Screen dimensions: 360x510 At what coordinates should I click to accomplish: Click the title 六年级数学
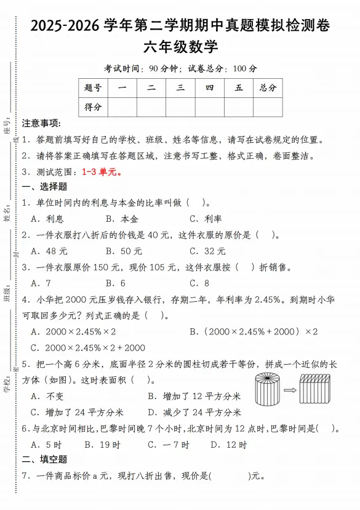(180, 47)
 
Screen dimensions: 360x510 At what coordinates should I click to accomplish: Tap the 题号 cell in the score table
(93, 87)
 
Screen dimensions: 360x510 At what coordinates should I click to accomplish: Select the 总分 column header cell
(268, 87)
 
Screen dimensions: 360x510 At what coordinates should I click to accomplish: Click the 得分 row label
(93, 107)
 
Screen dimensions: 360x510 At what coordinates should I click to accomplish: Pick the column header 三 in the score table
(180, 87)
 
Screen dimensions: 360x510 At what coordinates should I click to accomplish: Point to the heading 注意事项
(41, 123)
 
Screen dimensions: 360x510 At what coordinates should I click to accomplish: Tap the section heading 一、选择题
(44, 187)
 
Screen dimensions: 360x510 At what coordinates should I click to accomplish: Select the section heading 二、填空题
(44, 459)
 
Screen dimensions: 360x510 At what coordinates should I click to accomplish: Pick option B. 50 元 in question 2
(123, 251)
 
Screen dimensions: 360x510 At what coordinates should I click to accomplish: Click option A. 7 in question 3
(41, 283)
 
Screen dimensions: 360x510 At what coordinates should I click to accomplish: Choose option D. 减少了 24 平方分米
(194, 412)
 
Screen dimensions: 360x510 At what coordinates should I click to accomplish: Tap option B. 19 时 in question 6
(102, 444)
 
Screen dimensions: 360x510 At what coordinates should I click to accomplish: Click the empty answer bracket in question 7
(230, 476)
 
